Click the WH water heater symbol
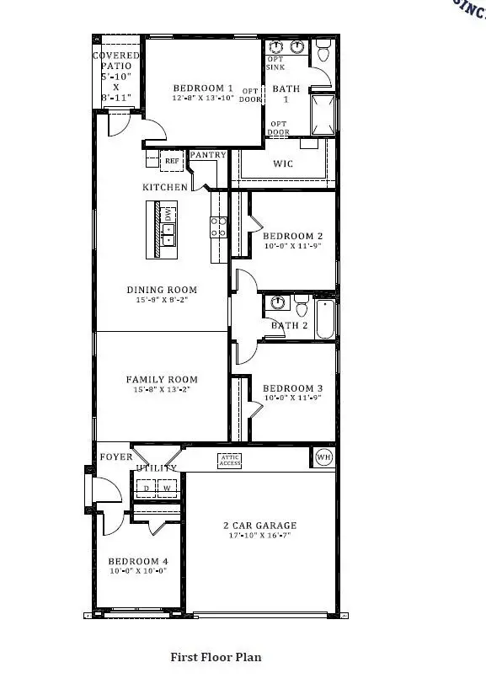tap(324, 457)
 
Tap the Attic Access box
tap(230, 460)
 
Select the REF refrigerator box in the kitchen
tap(172, 160)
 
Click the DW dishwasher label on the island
tap(168, 216)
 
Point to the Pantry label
tap(207, 155)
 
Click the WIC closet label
tap(284, 163)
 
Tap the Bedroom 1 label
tap(203, 88)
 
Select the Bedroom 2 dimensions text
tap(293, 247)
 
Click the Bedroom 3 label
tap(293, 388)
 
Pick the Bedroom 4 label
tap(137, 561)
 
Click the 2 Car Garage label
tap(259, 526)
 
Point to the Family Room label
tap(162, 380)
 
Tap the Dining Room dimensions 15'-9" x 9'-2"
tap(162, 300)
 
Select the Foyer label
tap(116, 457)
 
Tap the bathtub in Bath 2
tap(325, 318)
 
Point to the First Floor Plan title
tap(216, 657)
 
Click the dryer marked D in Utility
tap(145, 488)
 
